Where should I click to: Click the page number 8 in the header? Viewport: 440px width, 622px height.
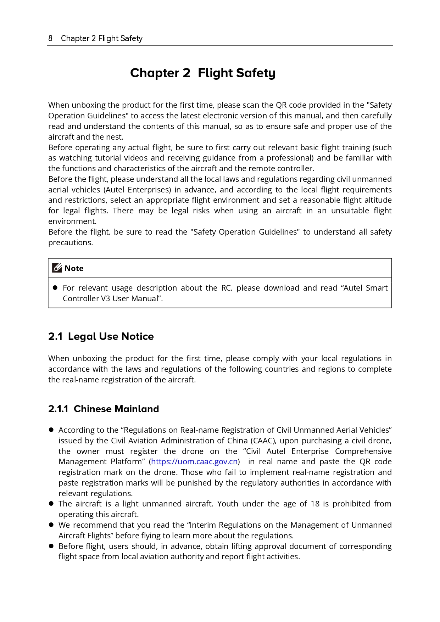click(50, 38)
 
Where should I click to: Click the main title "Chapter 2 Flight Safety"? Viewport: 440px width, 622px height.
click(202, 73)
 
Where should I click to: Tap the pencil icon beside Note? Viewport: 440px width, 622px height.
click(57, 268)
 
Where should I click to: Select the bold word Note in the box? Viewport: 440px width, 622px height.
click(74, 268)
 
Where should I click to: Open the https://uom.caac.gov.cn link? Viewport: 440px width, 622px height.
click(194, 461)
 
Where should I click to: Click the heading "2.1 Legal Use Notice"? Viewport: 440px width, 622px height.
click(101, 336)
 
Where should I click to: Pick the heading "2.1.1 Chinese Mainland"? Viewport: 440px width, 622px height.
click(104, 409)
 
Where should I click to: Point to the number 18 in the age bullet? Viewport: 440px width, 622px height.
click(315, 504)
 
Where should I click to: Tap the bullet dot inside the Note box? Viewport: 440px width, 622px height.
click(55, 287)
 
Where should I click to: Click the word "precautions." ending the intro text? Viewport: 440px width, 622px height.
click(71, 242)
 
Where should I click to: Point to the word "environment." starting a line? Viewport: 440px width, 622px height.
click(72, 221)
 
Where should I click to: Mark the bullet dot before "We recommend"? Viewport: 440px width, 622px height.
click(51, 525)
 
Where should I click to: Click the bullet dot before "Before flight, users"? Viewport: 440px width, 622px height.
click(51, 546)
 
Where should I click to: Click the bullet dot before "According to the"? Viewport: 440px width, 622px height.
click(51, 430)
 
